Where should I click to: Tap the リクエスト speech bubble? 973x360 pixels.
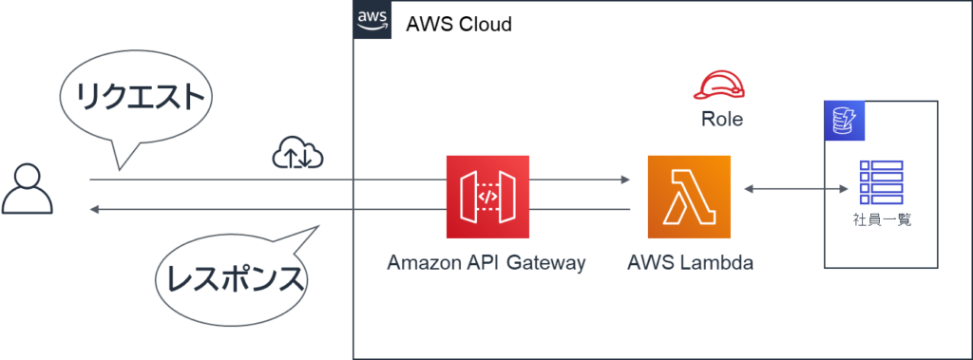pyautogui.click(x=136, y=100)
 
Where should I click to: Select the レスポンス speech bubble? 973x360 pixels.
pyautogui.click(x=234, y=276)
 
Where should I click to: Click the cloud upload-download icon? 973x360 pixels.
pyautogui.click(x=298, y=152)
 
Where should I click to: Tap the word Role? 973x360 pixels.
pyautogui.click(x=722, y=121)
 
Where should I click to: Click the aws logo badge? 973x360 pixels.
pyautogui.click(x=372, y=20)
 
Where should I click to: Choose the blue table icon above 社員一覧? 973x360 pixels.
pyautogui.click(x=880, y=183)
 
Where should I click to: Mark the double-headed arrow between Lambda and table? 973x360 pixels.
pyautogui.click(x=794, y=190)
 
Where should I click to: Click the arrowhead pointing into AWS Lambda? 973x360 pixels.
pyautogui.click(x=625, y=179)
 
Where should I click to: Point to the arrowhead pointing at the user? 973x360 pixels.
pyautogui.click(x=95, y=208)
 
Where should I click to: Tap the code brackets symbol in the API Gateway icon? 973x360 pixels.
pyautogui.click(x=487, y=197)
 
